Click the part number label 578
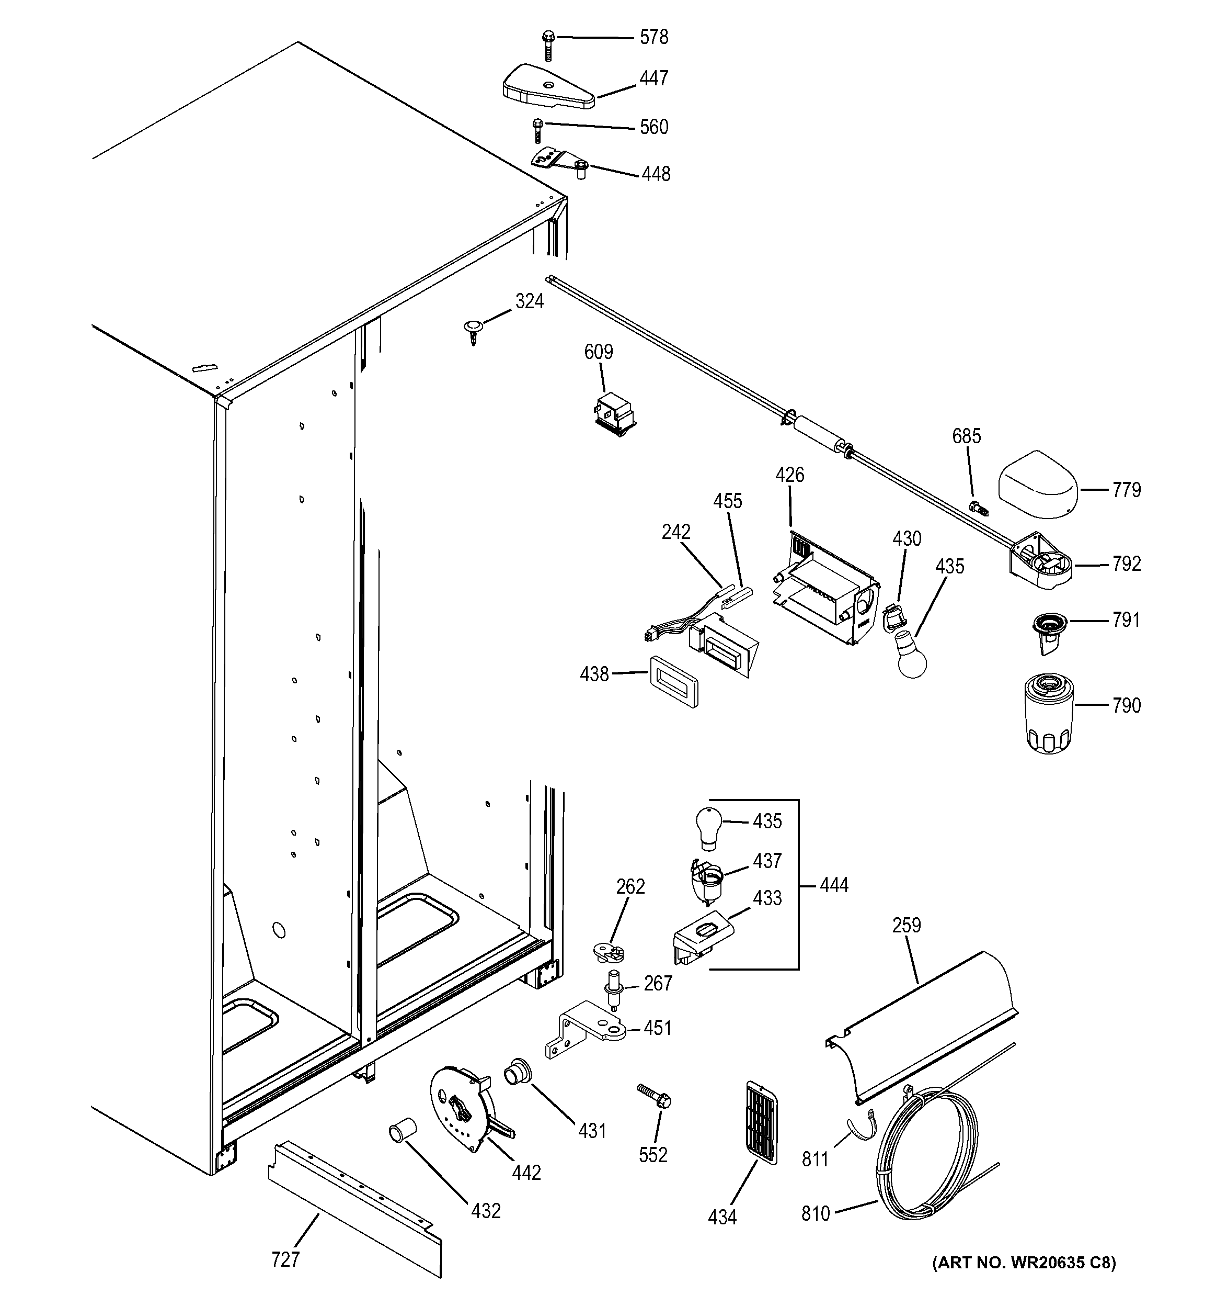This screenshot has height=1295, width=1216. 653,38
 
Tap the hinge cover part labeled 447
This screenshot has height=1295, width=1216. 547,87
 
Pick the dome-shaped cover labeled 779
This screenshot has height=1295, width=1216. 1038,486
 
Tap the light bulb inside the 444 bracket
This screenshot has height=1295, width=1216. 708,827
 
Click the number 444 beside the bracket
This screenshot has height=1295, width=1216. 833,885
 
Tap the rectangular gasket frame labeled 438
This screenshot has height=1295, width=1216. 673,681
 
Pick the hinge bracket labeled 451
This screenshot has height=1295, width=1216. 584,1031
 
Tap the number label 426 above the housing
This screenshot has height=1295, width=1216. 789,475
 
